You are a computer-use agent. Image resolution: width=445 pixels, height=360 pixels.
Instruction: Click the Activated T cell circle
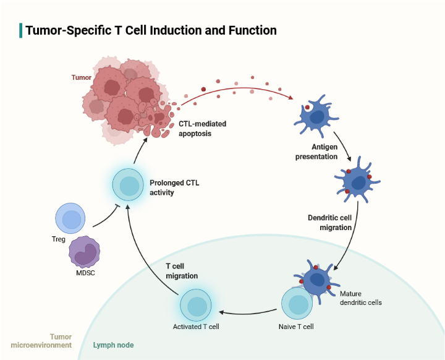click(197, 306)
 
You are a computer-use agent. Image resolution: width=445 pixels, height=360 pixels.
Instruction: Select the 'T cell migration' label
click(182, 270)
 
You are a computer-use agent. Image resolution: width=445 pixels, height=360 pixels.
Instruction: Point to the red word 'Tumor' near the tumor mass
click(81, 78)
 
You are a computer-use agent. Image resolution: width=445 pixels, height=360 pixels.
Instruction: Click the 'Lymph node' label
click(113, 345)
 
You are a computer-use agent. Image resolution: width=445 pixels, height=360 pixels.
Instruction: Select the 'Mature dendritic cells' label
click(361, 298)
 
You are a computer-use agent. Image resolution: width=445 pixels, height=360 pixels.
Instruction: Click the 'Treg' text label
click(59, 239)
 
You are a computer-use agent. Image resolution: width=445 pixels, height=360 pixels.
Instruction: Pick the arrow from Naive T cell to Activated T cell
click(247, 309)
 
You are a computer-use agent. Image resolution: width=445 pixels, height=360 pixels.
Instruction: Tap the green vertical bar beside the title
click(21, 30)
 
